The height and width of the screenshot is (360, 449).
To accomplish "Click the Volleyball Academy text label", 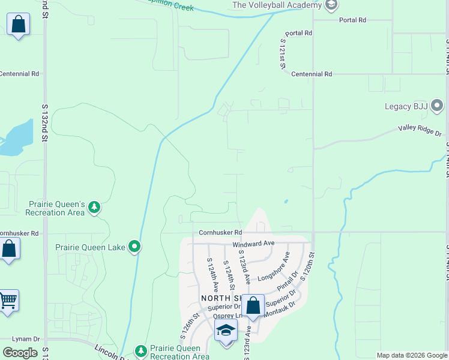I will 277,5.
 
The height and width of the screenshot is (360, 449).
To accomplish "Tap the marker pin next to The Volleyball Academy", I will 330,5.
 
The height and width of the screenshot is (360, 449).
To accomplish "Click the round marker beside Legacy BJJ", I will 438,107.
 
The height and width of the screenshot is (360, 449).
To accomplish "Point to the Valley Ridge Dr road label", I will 420,130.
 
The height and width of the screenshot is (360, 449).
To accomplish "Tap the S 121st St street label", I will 282,53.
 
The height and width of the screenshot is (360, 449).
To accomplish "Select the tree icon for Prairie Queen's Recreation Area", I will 94,208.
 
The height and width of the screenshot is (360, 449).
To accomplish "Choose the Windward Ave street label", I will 253,244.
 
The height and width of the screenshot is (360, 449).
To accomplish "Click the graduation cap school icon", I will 226,331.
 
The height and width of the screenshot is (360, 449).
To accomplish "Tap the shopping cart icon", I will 8,300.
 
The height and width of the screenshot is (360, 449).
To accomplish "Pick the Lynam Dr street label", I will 26,339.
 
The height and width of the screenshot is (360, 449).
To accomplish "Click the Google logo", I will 20,353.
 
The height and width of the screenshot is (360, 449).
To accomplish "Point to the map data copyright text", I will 412,355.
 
